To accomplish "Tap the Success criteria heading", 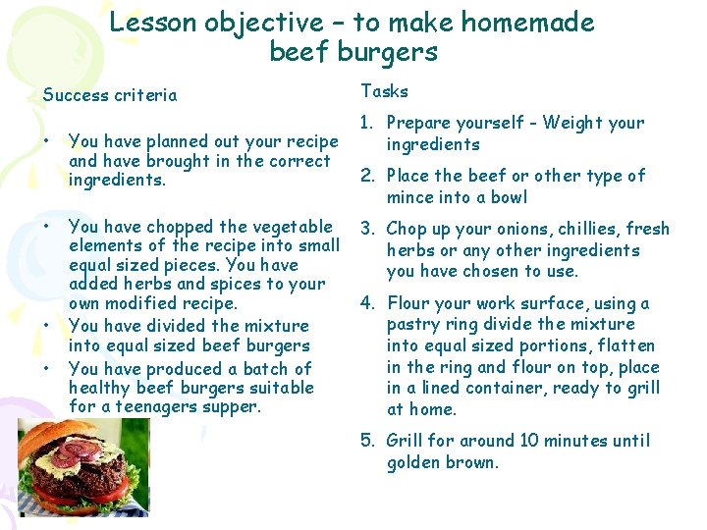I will click(x=110, y=95).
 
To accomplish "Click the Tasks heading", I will click(x=384, y=90).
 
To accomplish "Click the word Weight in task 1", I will click(x=574, y=123).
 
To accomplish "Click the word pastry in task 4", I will click(x=413, y=324).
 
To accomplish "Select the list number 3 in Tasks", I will click(x=367, y=229).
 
